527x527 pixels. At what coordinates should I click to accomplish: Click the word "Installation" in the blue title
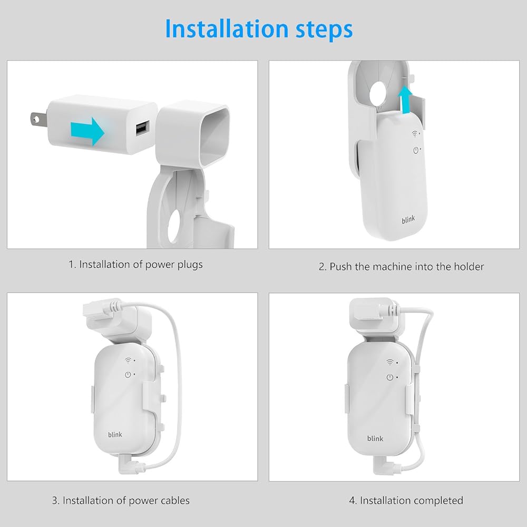[x=227, y=28]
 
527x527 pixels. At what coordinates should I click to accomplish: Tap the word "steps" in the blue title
[x=324, y=30]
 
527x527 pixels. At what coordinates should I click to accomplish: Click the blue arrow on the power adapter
[x=87, y=131]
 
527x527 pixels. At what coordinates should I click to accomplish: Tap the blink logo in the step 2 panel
[x=408, y=220]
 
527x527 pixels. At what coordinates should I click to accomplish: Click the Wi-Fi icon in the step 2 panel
[x=415, y=134]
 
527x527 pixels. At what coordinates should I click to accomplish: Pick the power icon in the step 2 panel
[x=416, y=150]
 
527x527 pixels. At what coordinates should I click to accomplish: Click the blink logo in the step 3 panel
[x=115, y=435]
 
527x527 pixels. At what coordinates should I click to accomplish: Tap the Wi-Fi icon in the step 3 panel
[x=128, y=360]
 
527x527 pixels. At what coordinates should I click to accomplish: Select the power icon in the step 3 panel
[x=128, y=374]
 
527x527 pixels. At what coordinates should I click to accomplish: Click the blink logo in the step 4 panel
[x=375, y=438]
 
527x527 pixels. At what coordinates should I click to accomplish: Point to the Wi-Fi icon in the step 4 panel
[x=390, y=362]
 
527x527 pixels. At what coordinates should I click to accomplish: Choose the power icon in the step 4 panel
[x=390, y=377]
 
